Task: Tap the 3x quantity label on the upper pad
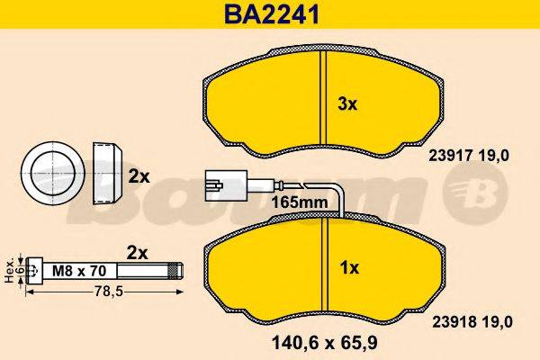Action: pyautogui.click(x=347, y=104)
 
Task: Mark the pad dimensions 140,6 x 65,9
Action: pyautogui.click(x=322, y=342)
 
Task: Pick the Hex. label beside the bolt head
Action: pyautogui.click(x=10, y=268)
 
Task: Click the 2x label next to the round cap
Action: pyautogui.click(x=138, y=177)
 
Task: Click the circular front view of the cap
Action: pyautogui.click(x=52, y=172)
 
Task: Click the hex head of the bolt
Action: pyautogui.click(x=33, y=268)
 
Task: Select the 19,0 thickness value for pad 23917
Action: pyautogui.click(x=495, y=155)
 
